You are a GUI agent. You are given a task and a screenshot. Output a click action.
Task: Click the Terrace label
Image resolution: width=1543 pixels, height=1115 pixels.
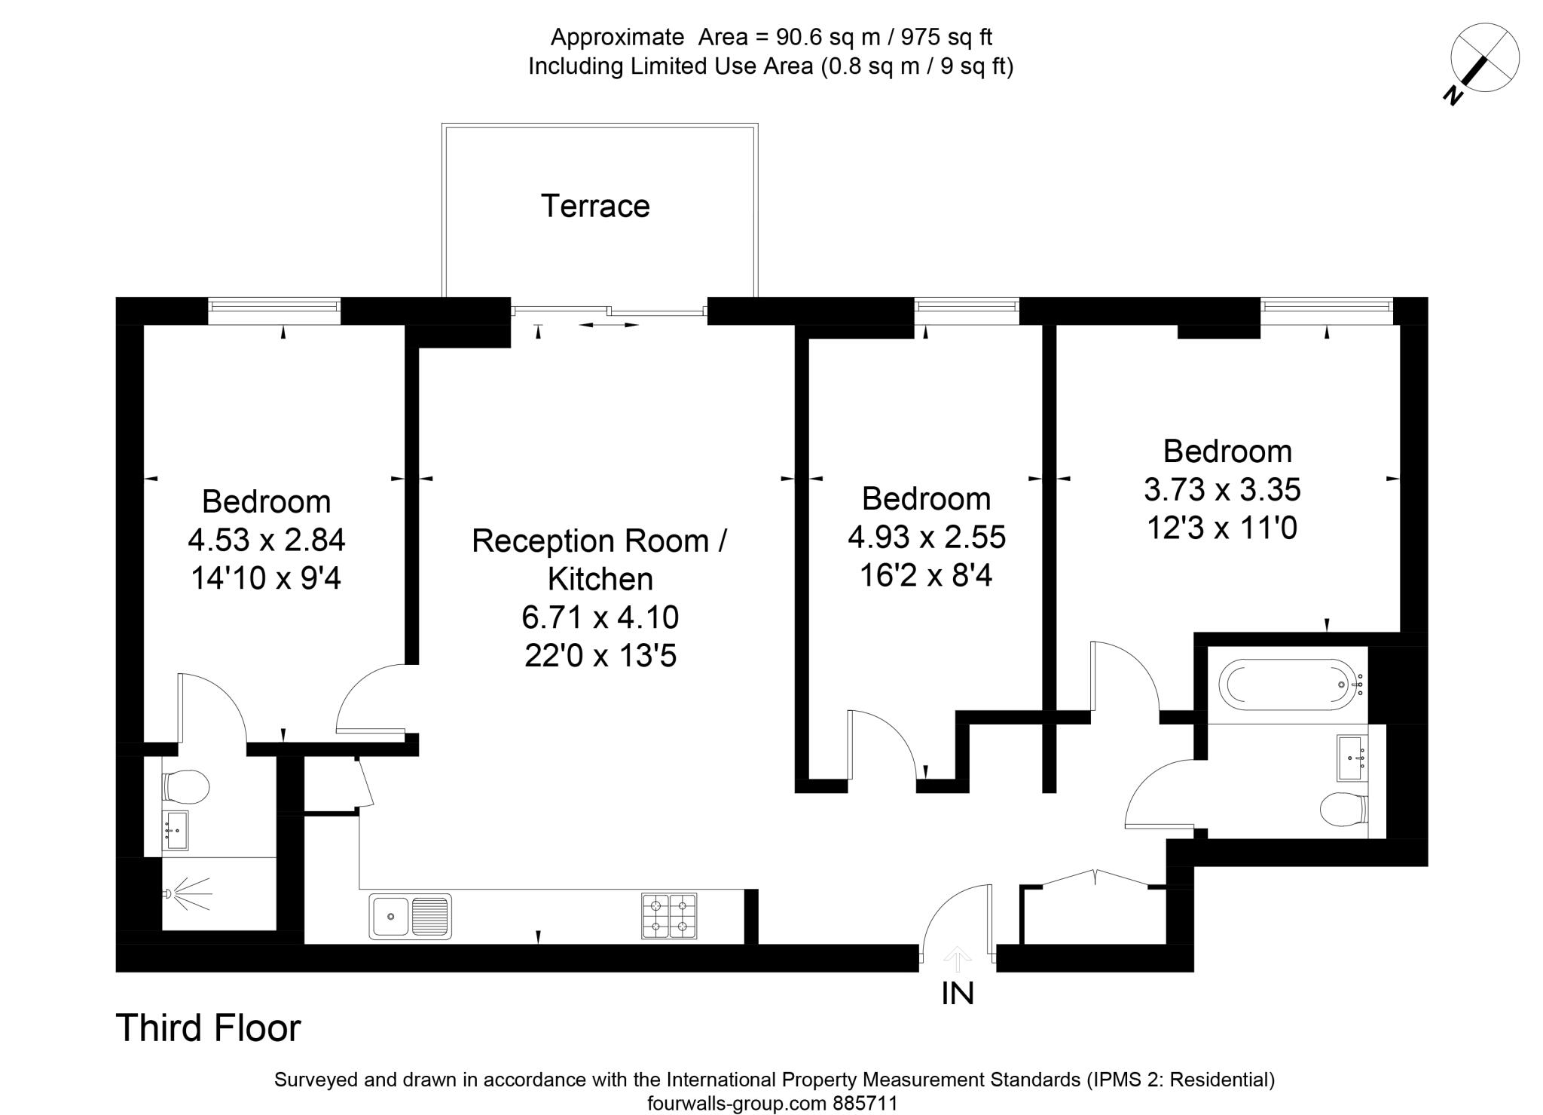(x=595, y=207)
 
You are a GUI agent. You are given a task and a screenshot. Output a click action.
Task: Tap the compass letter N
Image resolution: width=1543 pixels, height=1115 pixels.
(x=1453, y=94)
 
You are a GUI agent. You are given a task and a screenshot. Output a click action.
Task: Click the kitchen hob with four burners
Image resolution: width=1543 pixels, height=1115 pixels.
(x=669, y=916)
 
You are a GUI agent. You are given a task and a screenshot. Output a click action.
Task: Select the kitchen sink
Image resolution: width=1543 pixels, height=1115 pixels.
(x=410, y=916)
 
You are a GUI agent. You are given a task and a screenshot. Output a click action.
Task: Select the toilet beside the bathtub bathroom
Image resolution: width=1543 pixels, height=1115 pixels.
(x=1343, y=810)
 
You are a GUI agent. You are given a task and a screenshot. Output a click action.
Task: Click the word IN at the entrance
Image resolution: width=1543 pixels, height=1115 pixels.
(x=958, y=994)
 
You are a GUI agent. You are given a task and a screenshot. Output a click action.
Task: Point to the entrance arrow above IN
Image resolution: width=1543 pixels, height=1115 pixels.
(x=958, y=960)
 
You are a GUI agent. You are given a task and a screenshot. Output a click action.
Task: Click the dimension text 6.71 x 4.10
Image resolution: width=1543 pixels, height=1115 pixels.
(x=600, y=617)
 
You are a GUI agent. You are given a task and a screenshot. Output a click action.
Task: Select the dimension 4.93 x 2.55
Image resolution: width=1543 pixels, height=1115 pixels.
(x=927, y=538)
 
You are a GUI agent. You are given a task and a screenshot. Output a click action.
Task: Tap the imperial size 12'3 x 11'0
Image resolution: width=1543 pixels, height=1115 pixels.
(x=1222, y=528)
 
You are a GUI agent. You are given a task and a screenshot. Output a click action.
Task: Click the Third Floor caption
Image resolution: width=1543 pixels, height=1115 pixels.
(x=208, y=1028)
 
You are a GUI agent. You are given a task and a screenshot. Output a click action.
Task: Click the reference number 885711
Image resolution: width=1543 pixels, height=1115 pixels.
(x=865, y=1104)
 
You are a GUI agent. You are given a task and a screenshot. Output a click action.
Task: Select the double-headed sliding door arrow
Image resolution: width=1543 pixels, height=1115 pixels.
(x=609, y=325)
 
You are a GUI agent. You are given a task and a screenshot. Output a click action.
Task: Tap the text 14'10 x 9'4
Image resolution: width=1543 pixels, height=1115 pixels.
(x=266, y=578)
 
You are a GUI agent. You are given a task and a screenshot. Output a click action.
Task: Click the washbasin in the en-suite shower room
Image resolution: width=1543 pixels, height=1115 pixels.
(x=176, y=830)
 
